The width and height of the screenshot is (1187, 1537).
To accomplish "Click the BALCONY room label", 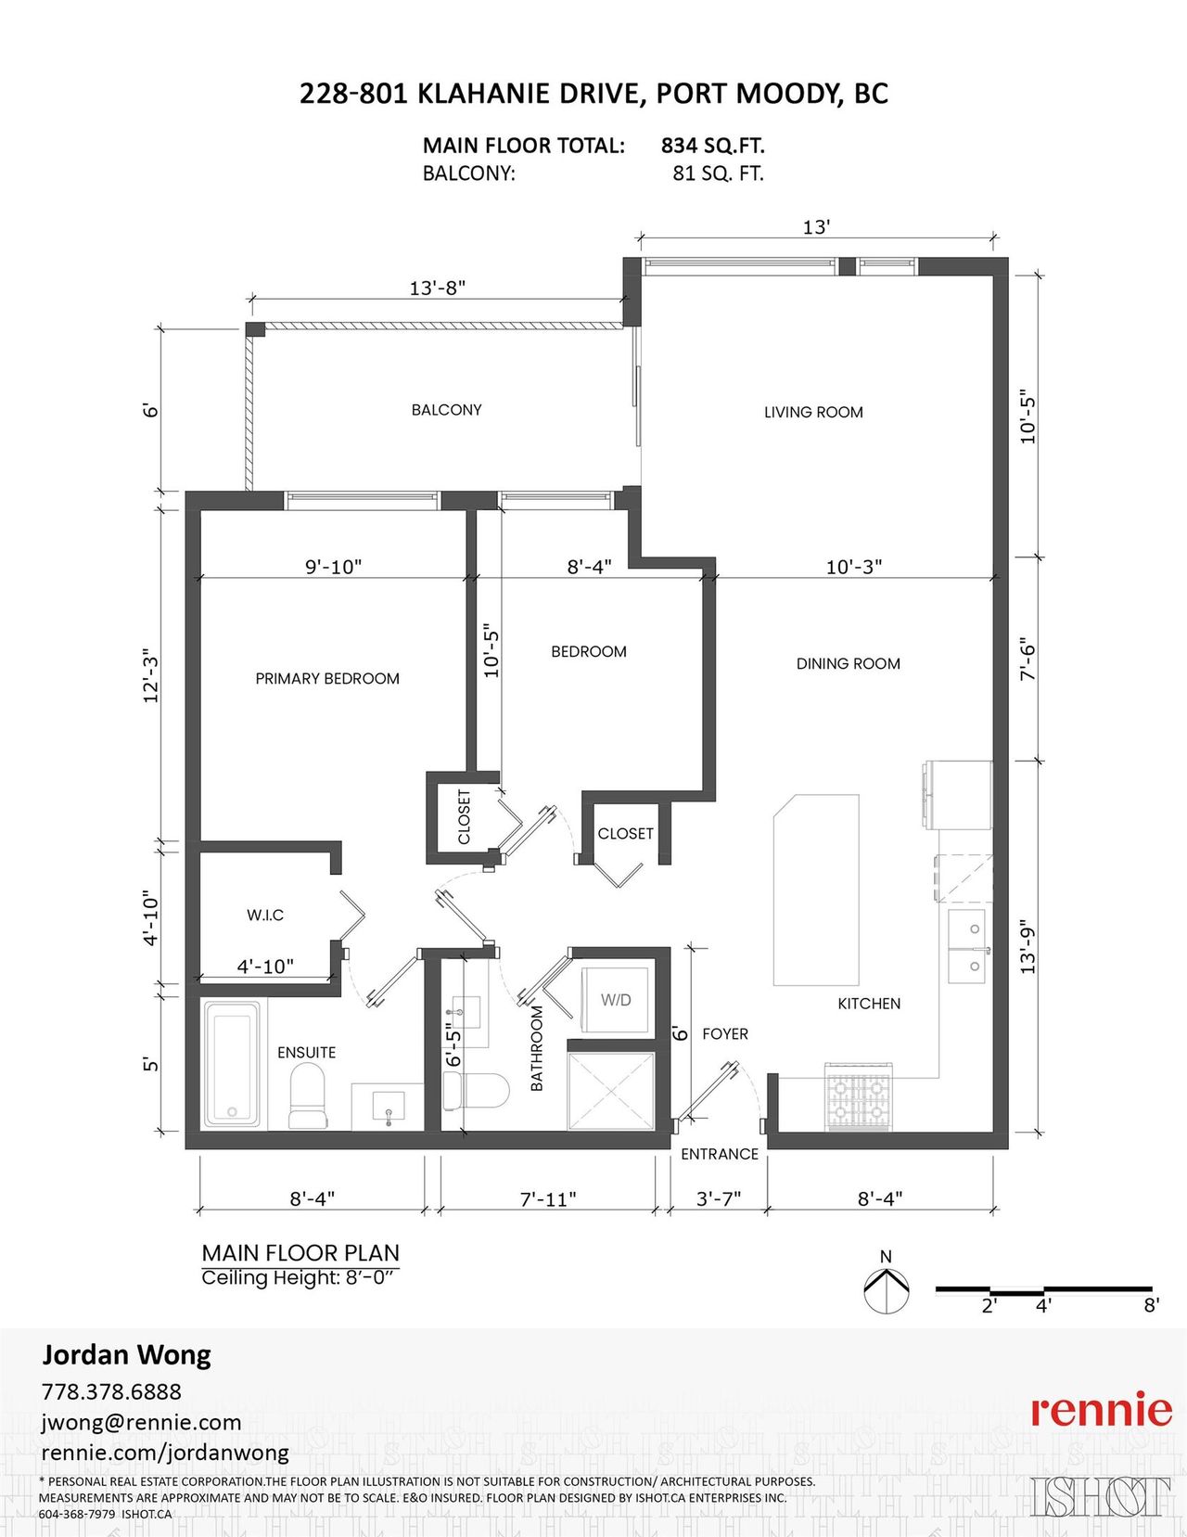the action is coord(446,410).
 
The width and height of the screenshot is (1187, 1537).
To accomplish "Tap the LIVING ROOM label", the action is coord(813,412).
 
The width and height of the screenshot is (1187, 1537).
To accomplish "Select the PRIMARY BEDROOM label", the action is coord(327,678).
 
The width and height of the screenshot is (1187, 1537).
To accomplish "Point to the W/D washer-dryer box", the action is coord(615,1000).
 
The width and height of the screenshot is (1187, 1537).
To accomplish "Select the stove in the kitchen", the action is coord(859,1097).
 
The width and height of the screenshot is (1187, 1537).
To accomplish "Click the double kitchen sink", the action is coord(968,946).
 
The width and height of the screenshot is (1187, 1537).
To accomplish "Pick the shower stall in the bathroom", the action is coord(611,1091).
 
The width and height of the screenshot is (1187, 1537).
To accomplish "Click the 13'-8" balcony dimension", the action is coord(438,288).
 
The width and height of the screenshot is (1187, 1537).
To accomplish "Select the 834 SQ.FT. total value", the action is coord(712,146).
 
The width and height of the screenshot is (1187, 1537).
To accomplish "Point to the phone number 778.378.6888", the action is coord(111,1391).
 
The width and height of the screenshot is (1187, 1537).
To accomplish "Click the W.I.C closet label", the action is coord(265,916).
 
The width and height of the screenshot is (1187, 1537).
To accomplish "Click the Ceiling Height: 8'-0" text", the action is coord(300,1278).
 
